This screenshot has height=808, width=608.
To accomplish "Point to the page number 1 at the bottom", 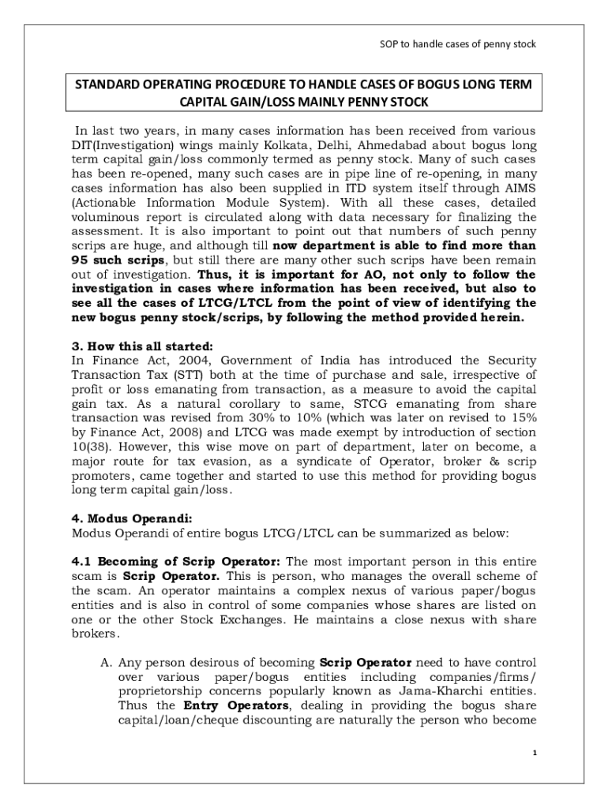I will pyautogui.click(x=534, y=753).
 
